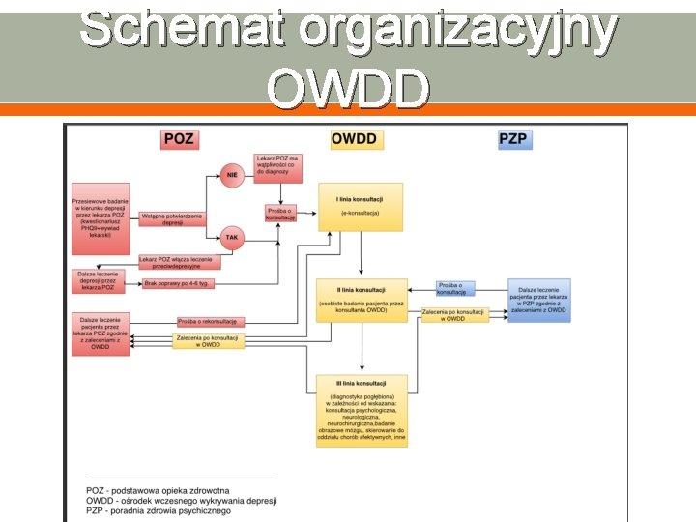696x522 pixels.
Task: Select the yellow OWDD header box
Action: (356, 139)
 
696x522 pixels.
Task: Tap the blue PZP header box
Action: (513, 139)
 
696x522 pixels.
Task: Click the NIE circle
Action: (232, 176)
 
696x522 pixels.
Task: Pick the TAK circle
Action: (232, 237)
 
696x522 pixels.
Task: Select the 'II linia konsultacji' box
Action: (362, 300)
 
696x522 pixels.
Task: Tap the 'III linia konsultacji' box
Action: (362, 410)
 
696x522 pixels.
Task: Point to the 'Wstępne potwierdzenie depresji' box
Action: (173, 218)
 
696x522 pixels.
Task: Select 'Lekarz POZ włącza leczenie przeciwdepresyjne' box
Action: (180, 261)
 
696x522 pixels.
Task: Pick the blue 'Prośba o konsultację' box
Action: (454, 288)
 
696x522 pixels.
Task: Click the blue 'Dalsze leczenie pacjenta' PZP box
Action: (539, 301)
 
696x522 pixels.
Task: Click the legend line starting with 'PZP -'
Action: (159, 511)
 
